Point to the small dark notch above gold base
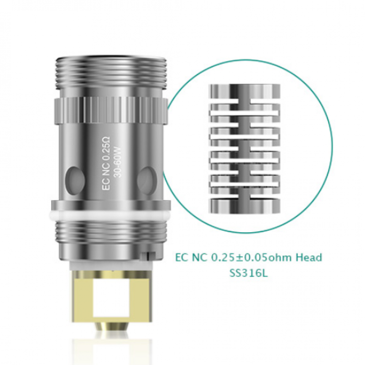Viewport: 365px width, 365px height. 147,254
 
